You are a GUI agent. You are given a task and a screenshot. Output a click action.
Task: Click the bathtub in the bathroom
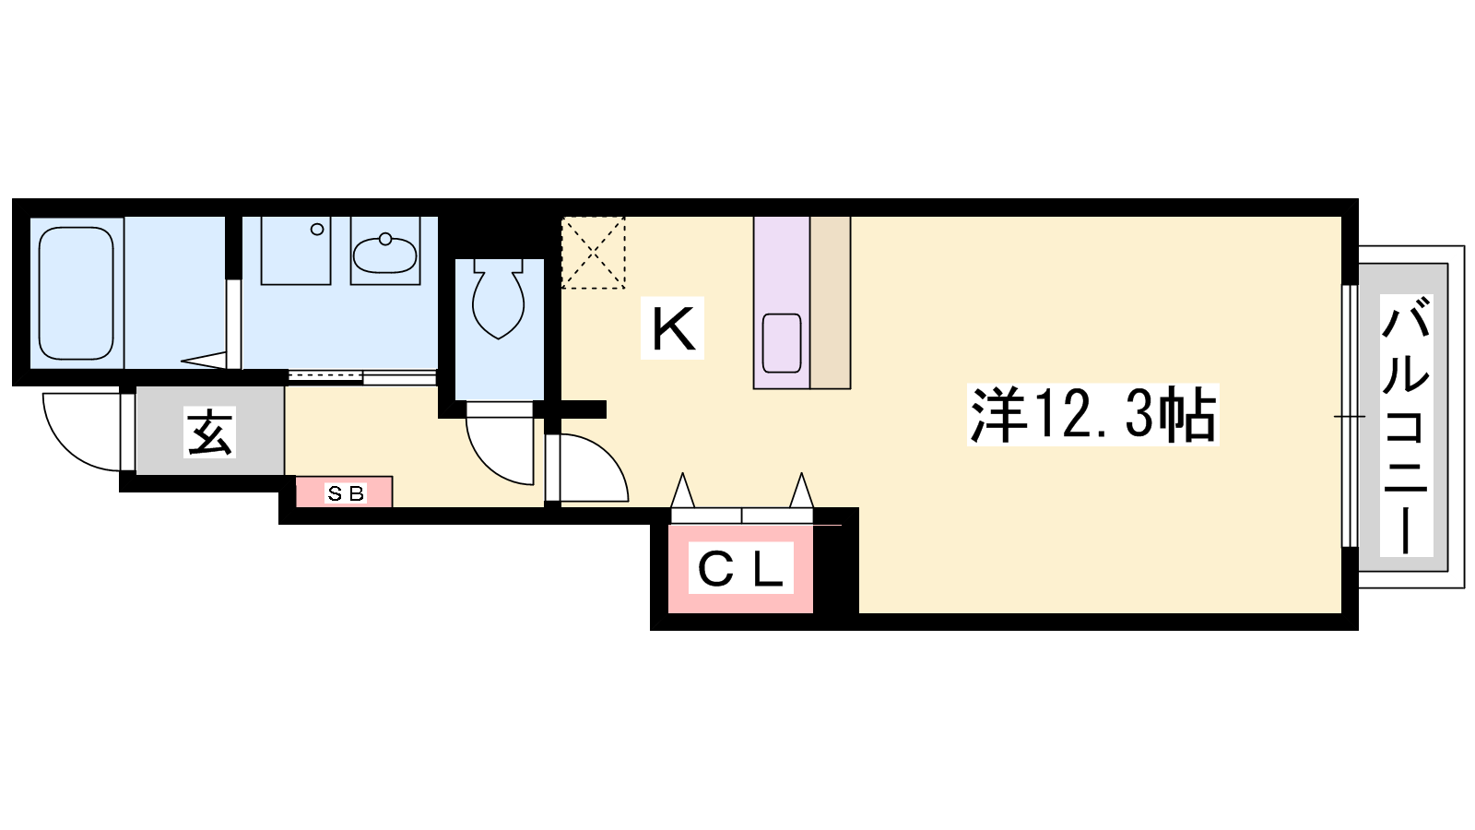coord(77,293)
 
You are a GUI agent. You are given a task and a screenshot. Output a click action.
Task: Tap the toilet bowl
coord(499,299)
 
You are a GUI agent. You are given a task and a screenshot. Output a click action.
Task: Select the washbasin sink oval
coord(385,254)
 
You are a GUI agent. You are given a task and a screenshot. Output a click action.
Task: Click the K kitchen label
coord(672,328)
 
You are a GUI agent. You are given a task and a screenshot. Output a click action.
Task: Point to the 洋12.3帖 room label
coord(1093,415)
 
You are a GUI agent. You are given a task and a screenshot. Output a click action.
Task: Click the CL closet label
coord(741,568)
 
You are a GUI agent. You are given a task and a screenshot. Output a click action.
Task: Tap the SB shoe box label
coord(345,493)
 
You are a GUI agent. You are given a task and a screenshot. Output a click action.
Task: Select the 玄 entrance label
coord(209,433)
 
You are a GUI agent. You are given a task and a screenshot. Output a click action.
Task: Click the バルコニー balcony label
coord(1407,425)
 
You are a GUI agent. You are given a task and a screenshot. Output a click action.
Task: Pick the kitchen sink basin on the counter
coord(782,343)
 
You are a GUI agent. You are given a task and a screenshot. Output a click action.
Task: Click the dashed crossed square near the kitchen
coord(594,253)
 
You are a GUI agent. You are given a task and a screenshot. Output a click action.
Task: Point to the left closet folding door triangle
coord(682,490)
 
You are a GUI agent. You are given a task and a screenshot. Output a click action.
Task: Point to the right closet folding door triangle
coord(801,490)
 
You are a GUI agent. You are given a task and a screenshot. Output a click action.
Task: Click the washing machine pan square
coord(296,250)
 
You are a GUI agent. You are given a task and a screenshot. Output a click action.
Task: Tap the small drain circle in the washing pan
coord(317,230)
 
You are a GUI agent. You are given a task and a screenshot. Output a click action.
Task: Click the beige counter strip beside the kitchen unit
coord(831,302)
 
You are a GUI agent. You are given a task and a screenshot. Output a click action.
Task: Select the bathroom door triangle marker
coord(204,361)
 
